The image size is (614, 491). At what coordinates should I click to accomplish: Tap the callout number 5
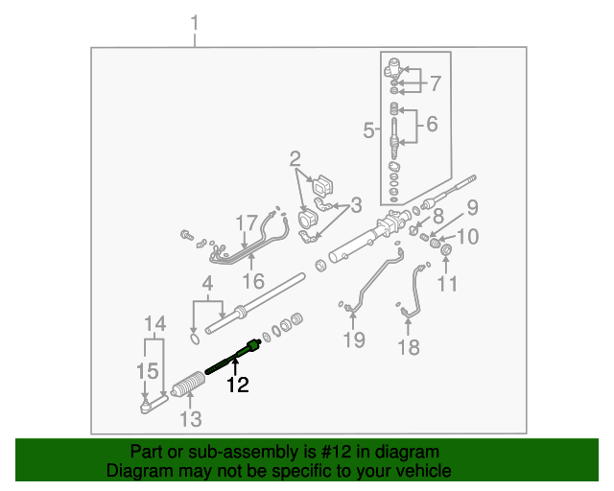click(368, 130)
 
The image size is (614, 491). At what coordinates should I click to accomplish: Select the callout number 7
click(435, 84)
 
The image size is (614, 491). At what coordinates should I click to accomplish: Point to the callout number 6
click(431, 124)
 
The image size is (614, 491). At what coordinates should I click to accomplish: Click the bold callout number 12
click(237, 386)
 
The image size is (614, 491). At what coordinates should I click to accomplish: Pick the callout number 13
click(191, 418)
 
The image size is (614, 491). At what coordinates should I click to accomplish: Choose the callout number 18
click(409, 347)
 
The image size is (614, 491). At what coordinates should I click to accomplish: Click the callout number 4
click(206, 284)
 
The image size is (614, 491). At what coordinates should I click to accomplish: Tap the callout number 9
click(472, 208)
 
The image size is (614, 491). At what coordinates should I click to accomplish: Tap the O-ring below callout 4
click(196, 338)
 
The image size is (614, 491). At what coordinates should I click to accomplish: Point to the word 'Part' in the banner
click(146, 452)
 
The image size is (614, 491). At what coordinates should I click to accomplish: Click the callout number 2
click(295, 158)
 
